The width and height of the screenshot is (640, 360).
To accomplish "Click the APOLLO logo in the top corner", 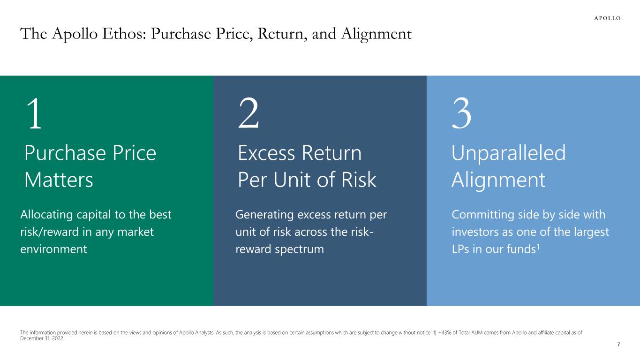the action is [x=607, y=18].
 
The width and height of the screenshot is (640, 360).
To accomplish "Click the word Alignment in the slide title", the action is [x=376, y=35].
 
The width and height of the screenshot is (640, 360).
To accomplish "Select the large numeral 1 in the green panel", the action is [x=35, y=113].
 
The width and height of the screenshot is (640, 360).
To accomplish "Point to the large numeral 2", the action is [x=249, y=113].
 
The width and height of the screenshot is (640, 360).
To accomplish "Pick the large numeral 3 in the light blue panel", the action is [x=461, y=113].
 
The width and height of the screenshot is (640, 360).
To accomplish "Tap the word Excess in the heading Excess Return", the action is [x=266, y=153].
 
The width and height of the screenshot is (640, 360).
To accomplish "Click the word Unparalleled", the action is [x=509, y=153].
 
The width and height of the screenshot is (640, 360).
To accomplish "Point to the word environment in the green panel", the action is [x=54, y=249].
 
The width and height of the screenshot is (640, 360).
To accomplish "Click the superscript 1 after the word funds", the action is [x=538, y=246].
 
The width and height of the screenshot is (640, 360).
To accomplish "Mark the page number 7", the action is [x=618, y=345].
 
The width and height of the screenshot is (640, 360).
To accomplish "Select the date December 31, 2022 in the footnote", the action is [x=42, y=338].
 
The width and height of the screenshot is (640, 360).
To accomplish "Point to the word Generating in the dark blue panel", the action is [x=264, y=215].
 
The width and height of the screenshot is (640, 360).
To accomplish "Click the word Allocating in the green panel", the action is [x=46, y=215].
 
